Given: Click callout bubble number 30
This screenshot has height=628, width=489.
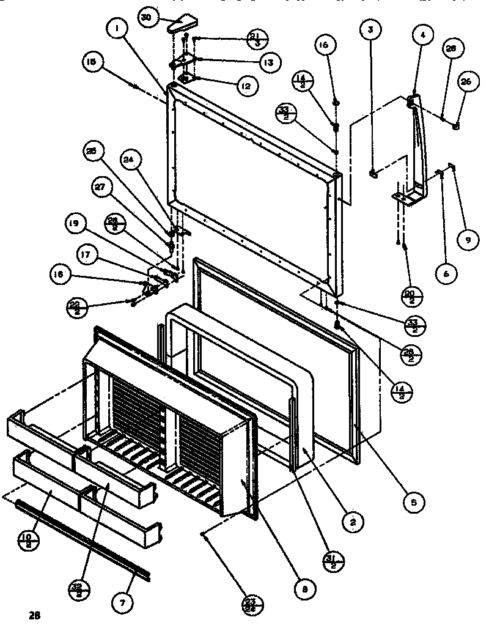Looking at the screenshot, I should [x=146, y=18].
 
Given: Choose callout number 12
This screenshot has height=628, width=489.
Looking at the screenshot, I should [x=245, y=87].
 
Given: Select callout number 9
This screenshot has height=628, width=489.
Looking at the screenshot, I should [x=468, y=240].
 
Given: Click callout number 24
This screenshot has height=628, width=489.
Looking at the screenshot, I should [x=130, y=161].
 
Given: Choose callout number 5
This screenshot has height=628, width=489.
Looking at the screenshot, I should [x=414, y=503].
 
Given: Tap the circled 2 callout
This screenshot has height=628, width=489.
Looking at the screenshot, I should [x=353, y=521].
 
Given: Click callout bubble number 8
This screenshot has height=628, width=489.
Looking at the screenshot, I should [x=304, y=588].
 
